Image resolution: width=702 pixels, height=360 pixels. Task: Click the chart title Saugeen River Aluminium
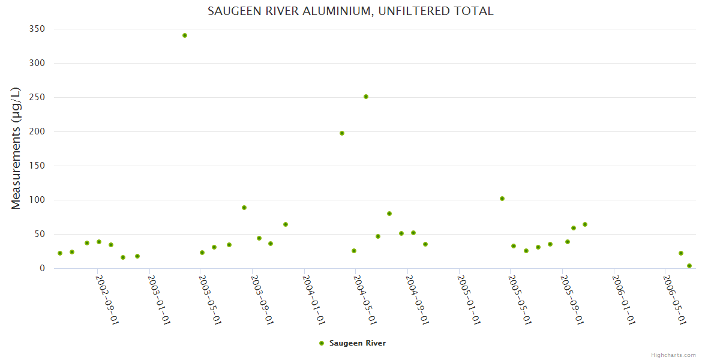point(350,11)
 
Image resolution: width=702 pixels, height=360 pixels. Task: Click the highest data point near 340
point(185,35)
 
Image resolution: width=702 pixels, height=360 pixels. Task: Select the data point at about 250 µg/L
point(366,97)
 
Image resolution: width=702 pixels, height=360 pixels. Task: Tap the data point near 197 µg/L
point(342,133)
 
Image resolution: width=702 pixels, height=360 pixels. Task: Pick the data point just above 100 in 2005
point(502,199)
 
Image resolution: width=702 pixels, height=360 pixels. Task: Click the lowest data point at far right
point(689,266)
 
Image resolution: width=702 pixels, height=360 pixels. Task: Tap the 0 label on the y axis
point(42,268)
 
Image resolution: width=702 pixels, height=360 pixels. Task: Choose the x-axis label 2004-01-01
point(314,299)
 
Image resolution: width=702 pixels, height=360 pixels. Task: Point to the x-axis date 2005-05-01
point(520,299)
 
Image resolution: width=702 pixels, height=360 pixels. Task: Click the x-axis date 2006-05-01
point(674,299)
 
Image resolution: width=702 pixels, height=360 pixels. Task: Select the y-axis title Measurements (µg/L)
point(16,148)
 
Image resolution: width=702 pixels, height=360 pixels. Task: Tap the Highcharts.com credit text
point(673,355)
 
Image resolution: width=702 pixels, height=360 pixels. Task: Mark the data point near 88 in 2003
point(244,208)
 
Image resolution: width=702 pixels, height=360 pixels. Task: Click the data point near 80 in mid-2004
point(389,214)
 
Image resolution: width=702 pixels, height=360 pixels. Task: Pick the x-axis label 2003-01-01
point(160,299)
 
